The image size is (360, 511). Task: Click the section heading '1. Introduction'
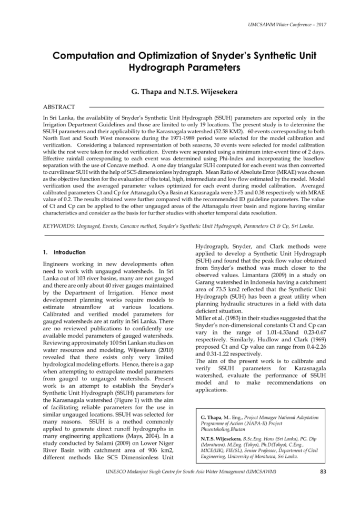click(x=64, y=252)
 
